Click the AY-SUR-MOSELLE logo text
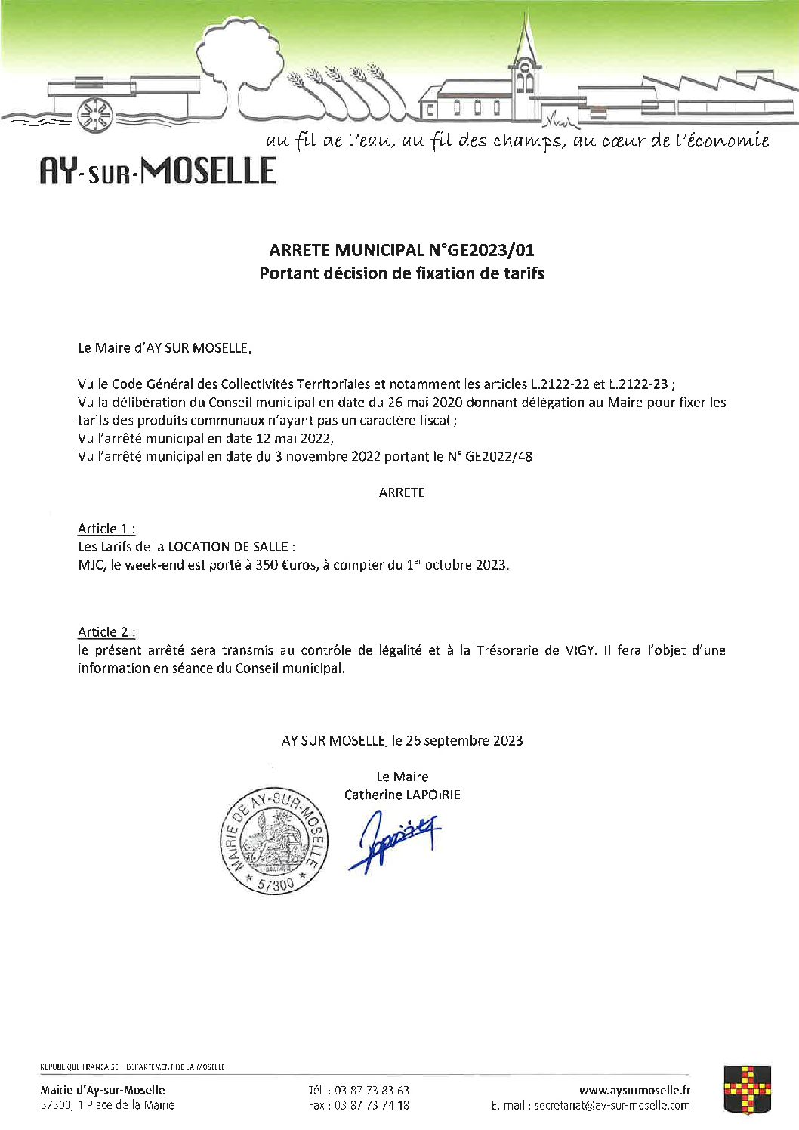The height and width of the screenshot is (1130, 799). tap(158, 171)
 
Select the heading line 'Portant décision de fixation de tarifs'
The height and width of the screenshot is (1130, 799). tap(401, 273)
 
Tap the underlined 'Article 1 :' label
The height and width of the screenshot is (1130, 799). tap(106, 529)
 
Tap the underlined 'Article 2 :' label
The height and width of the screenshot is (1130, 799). tap(106, 632)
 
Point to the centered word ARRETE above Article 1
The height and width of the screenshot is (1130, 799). tap(402, 492)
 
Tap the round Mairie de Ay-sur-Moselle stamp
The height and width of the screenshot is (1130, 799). tap(274, 840)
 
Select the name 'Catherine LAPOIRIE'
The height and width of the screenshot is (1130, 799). tap(402, 795)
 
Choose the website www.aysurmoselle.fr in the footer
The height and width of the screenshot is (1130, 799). tap(634, 1090)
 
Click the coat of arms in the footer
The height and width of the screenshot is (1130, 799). tap(747, 1088)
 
